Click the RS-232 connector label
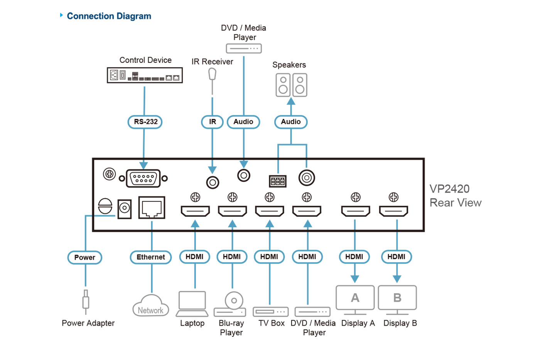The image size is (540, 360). coord(145,122)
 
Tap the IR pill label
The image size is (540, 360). coord(212,122)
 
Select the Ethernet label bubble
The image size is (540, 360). coord(151,257)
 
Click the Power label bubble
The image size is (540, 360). coord(85,258)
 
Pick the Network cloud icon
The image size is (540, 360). coord(151,306)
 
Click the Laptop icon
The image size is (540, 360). coord(192,304)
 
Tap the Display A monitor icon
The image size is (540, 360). coord(355,299)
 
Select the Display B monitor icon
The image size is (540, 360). coord(397,299)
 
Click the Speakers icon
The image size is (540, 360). coord(291,85)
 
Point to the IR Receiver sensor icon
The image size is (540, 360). coord(212,74)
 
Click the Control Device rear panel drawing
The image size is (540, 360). coord(145,75)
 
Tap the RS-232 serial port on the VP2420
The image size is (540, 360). coord(143,179)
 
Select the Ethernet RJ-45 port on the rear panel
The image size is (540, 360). coord(152,208)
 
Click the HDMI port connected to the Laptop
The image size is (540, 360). coord(195,211)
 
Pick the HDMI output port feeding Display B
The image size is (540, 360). coord(393,211)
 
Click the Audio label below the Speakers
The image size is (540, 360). coord(291,122)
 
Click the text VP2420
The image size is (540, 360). coord(450,189)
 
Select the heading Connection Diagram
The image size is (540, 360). coord(109,16)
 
